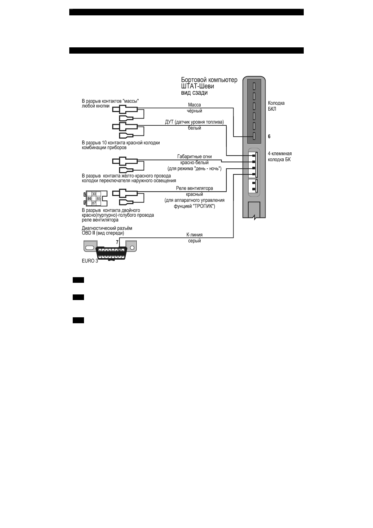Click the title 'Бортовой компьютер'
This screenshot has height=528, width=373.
[x=209, y=80]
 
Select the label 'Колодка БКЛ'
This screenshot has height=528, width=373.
[x=276, y=106]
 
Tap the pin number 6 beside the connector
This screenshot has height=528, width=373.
[x=269, y=137]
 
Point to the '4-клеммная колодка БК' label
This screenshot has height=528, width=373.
[x=280, y=156]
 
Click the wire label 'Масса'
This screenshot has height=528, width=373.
[x=194, y=105]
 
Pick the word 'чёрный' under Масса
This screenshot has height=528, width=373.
[x=194, y=111]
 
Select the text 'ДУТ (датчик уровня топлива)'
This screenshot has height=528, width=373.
[x=194, y=122]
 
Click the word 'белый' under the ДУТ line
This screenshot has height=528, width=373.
[x=194, y=128]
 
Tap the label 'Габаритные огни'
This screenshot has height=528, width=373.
[x=194, y=157]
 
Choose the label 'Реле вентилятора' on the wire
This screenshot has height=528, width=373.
[x=194, y=188]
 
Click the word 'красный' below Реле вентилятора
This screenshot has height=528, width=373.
[x=194, y=194]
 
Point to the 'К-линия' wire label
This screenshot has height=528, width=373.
[x=194, y=235]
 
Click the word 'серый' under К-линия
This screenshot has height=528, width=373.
[x=194, y=241]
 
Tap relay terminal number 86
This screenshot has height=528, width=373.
[x=89, y=199]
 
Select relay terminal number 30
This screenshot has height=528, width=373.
[x=94, y=194]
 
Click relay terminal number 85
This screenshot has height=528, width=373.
[x=98, y=199]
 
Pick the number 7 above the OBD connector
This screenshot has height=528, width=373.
[x=117, y=242]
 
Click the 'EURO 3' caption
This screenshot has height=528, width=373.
[x=90, y=261]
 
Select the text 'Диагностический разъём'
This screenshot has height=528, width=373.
[x=107, y=228]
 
